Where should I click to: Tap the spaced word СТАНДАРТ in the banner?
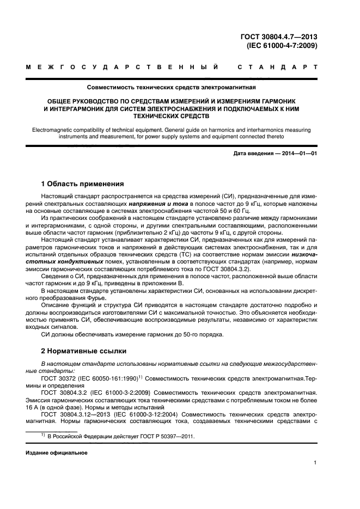coord(278,68)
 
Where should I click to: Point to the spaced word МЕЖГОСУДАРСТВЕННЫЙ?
coord(123,68)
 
